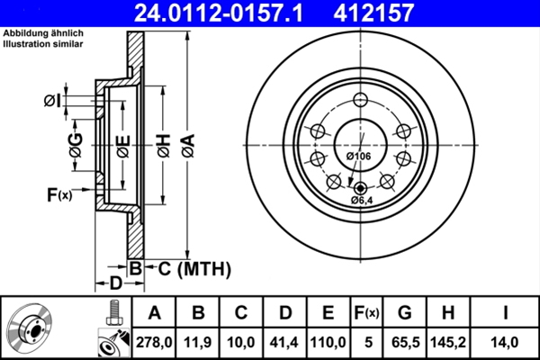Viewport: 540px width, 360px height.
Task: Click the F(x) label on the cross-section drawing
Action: pyautogui.click(x=58, y=193)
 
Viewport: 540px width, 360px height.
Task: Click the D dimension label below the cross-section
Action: pyautogui.click(x=115, y=283)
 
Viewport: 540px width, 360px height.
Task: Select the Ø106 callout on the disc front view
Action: pyautogui.click(x=359, y=157)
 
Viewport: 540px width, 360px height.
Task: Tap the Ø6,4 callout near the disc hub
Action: pyautogui.click(x=359, y=199)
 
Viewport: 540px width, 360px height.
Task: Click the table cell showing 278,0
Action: pyautogui.click(x=156, y=342)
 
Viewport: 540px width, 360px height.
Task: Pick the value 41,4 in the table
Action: pyautogui.click(x=285, y=342)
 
